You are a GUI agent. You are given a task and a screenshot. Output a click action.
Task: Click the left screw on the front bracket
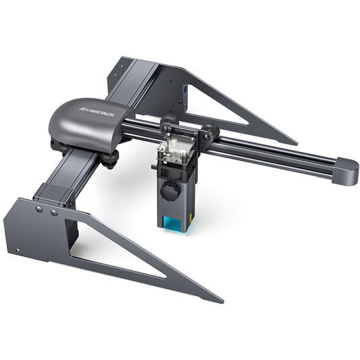39,210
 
